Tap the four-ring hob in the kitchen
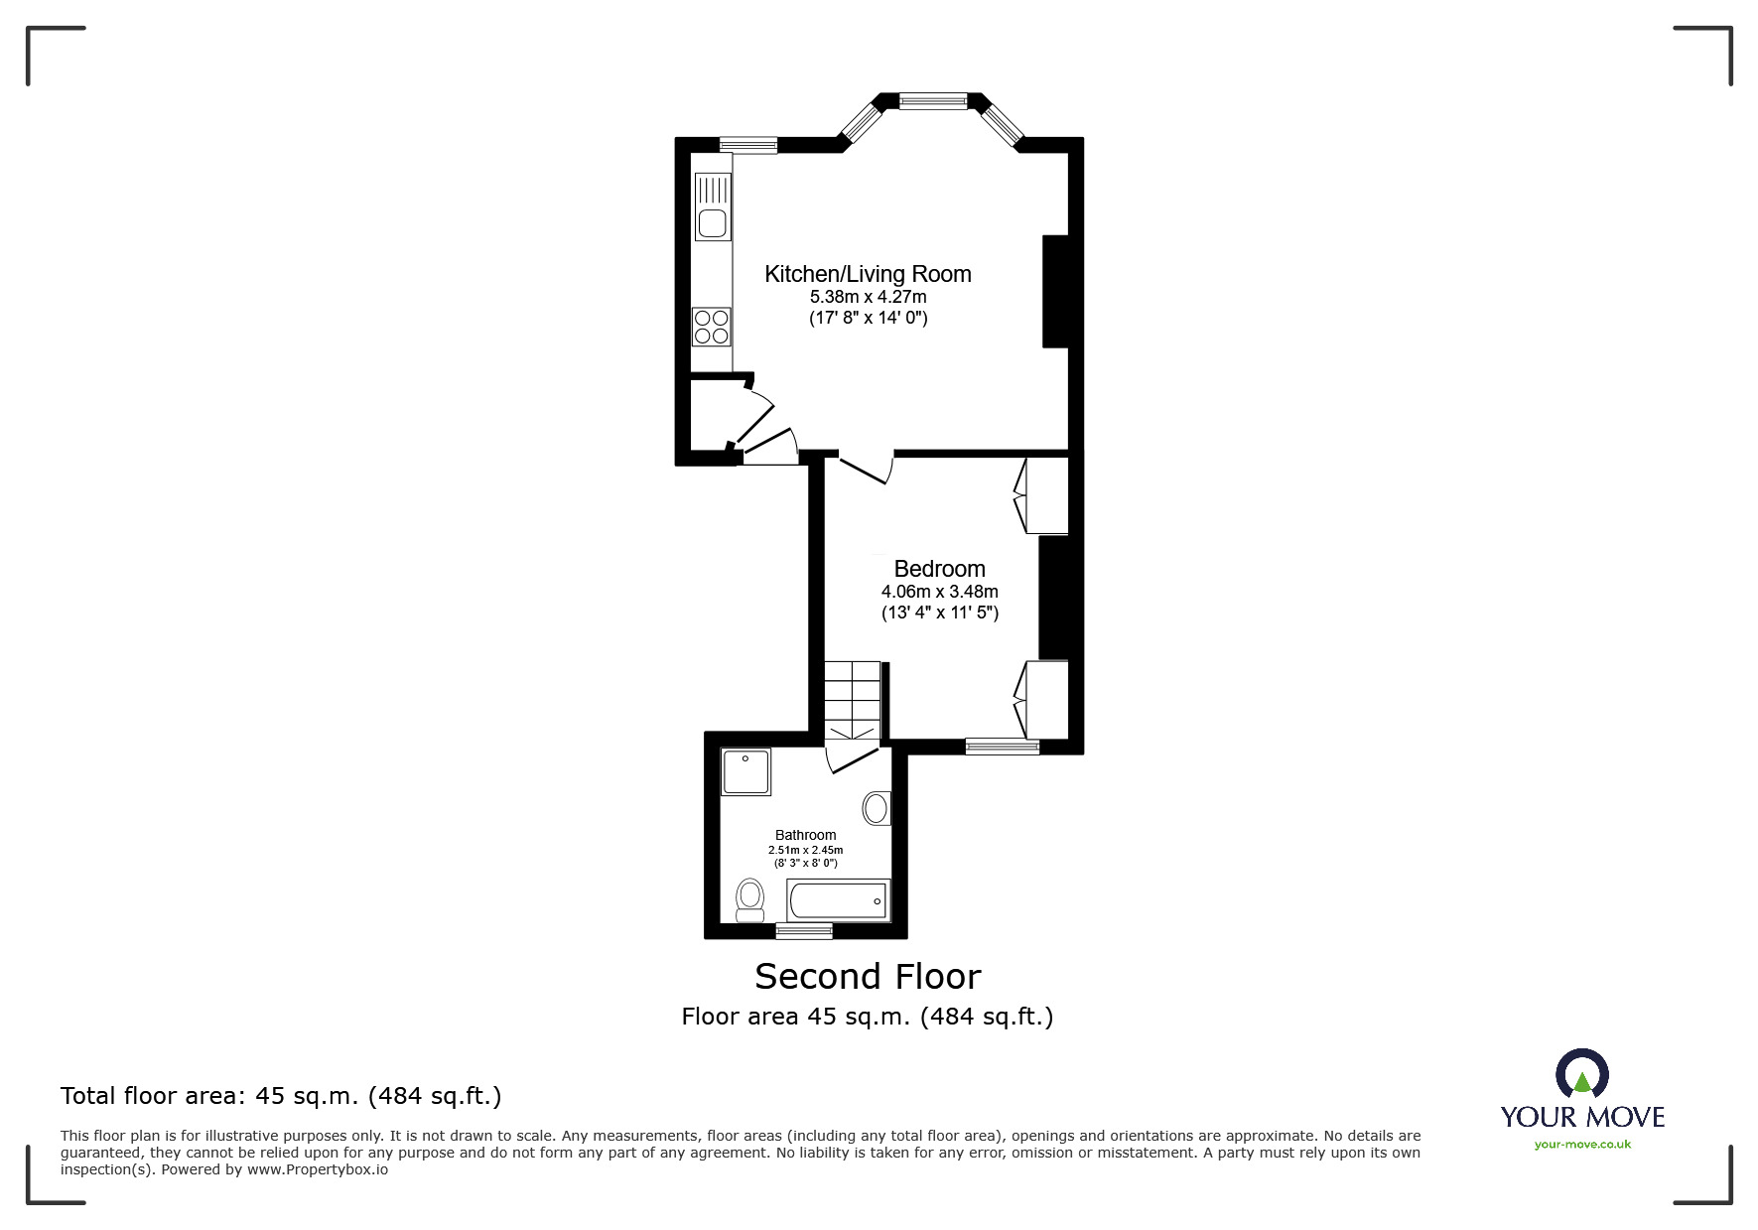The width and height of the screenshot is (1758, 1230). pyautogui.click(x=712, y=327)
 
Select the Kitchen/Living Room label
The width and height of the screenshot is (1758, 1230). pyautogui.click(x=868, y=274)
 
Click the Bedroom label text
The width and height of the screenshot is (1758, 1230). pyautogui.click(x=939, y=569)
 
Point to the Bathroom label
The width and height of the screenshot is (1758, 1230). pyautogui.click(x=805, y=835)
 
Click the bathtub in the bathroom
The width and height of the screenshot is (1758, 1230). pyautogui.click(x=838, y=900)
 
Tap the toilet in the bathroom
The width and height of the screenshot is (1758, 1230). pyautogui.click(x=750, y=898)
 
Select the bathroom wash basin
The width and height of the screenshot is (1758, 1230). pyautogui.click(x=876, y=808)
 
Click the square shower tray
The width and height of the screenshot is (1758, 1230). pyautogui.click(x=746, y=772)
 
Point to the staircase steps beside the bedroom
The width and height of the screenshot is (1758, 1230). pyautogui.click(x=853, y=700)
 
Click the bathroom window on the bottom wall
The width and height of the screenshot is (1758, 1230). pyautogui.click(x=804, y=930)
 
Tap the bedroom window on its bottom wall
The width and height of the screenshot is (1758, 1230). pyautogui.click(x=1002, y=747)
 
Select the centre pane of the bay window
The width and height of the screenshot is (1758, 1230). pyautogui.click(x=933, y=100)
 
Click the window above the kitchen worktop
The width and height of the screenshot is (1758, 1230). pyautogui.click(x=748, y=145)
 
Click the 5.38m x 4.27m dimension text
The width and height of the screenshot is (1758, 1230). pyautogui.click(x=868, y=297)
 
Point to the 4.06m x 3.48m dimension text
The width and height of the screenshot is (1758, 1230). pyautogui.click(x=939, y=592)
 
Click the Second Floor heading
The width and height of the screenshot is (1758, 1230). pyautogui.click(x=868, y=977)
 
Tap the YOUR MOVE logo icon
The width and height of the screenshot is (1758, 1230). pyautogui.click(x=1581, y=1075)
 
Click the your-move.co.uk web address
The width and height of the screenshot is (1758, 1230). pyautogui.click(x=1582, y=1145)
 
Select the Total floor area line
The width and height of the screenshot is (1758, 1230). pyautogui.click(x=281, y=1096)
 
